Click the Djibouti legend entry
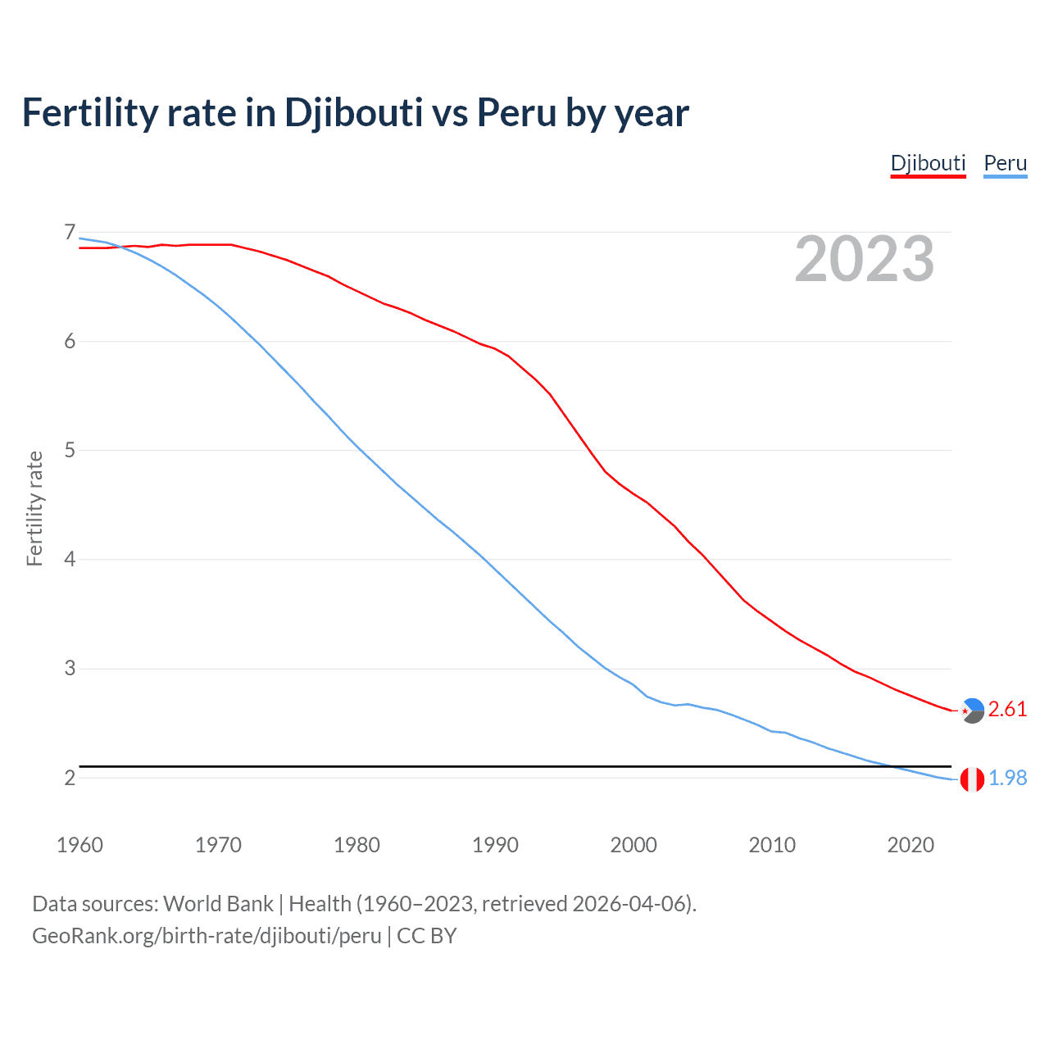pyautogui.click(x=928, y=163)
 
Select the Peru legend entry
pyautogui.click(x=1005, y=163)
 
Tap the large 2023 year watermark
pyautogui.click(x=865, y=259)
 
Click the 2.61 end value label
pyautogui.click(x=1007, y=710)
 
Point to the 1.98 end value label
pyautogui.click(x=1007, y=779)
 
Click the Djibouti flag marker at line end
pyautogui.click(x=972, y=711)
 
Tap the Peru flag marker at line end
pyautogui.click(x=972, y=779)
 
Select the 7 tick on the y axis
pyautogui.click(x=70, y=233)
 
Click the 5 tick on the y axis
pyautogui.click(x=70, y=451)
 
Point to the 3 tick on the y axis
pyautogui.click(x=70, y=669)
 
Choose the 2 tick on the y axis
pyautogui.click(x=70, y=778)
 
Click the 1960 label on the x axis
pyautogui.click(x=79, y=845)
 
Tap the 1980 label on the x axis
pyautogui.click(x=356, y=845)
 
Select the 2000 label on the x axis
pyautogui.click(x=633, y=845)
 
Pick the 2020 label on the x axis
pyautogui.click(x=910, y=845)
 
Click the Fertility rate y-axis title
pyautogui.click(x=34, y=508)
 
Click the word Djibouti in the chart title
pyautogui.click(x=353, y=113)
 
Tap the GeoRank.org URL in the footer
pyautogui.click(x=207, y=936)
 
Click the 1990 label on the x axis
pyautogui.click(x=495, y=845)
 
